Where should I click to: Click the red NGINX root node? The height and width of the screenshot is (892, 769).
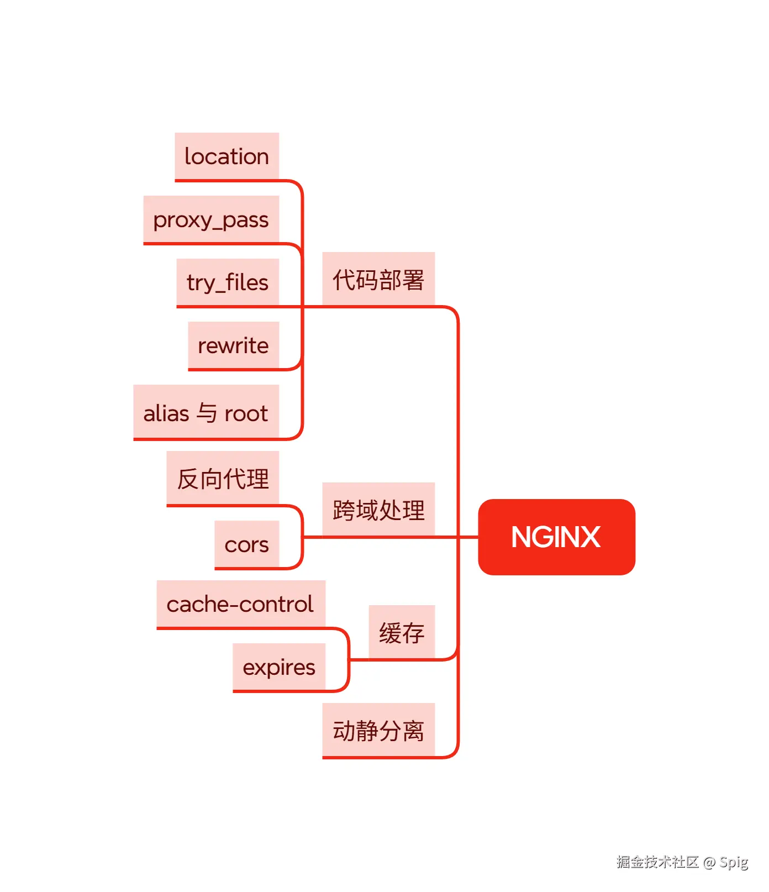tap(556, 537)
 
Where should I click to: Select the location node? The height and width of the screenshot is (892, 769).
tap(227, 156)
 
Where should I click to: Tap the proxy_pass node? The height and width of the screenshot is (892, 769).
tap(211, 219)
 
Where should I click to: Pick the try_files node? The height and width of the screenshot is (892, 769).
tap(228, 282)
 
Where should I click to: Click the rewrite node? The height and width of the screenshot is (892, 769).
tap(233, 345)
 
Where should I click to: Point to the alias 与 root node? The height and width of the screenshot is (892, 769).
tap(206, 412)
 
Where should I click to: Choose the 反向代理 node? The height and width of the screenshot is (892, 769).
tap(223, 478)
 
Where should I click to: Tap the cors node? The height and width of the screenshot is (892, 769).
tap(246, 544)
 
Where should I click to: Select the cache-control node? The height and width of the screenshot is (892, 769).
tap(240, 604)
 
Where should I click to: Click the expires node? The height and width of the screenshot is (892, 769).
tap(279, 667)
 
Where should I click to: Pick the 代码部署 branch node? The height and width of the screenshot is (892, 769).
tap(378, 279)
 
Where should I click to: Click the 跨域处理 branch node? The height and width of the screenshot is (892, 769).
tap(378, 510)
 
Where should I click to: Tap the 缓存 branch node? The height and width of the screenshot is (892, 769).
tap(402, 632)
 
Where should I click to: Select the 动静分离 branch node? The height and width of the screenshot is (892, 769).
tap(378, 730)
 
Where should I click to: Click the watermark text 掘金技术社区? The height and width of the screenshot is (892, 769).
tap(657, 862)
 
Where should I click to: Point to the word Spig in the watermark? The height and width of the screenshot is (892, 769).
tap(734, 862)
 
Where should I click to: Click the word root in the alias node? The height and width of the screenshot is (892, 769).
tap(246, 413)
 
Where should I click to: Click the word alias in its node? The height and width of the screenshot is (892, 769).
tap(166, 413)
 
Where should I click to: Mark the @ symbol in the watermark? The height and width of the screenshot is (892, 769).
tap(709, 862)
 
